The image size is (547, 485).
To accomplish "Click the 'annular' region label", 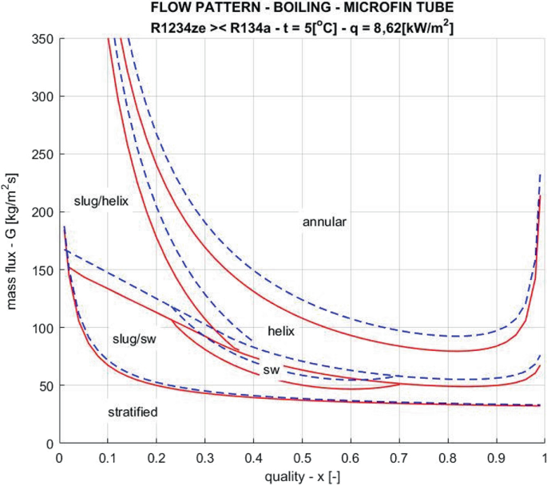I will [x=324, y=223].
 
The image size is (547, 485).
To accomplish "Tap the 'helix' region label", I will [x=281, y=330].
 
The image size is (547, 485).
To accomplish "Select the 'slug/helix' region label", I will [x=101, y=201].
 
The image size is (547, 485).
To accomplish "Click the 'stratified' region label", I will [x=133, y=412].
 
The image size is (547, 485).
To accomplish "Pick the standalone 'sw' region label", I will [x=271, y=372].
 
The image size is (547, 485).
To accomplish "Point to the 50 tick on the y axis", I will [x=46, y=385].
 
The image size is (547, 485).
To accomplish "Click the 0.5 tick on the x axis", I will [x=301, y=457].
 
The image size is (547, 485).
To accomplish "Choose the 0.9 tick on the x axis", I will [x=496, y=457].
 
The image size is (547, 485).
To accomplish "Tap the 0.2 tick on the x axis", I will [x=156, y=457].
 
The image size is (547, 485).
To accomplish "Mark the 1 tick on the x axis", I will [x=545, y=457].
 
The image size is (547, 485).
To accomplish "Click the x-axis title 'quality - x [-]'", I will [x=301, y=475].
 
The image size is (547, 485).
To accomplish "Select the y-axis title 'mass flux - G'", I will [x=14, y=239].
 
